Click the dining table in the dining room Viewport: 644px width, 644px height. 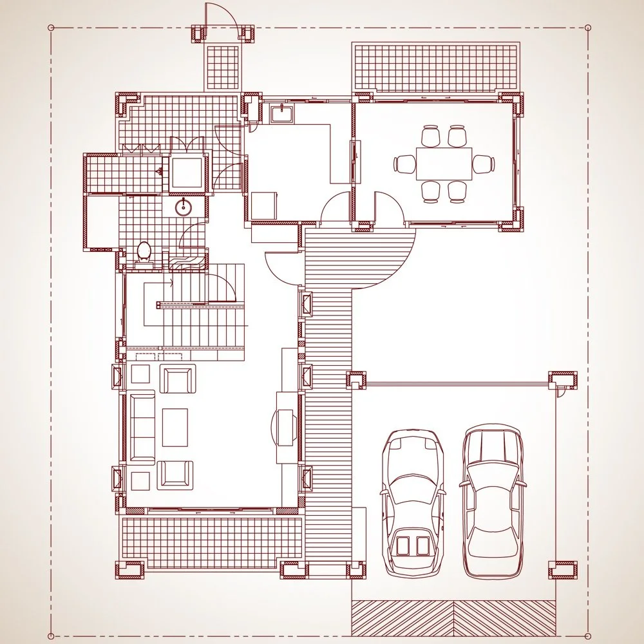[444, 164]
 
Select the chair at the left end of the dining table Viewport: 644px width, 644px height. [405, 164]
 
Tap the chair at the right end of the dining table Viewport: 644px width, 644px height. [484, 164]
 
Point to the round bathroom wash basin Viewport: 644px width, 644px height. [184, 207]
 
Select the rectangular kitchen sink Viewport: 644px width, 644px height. [282, 114]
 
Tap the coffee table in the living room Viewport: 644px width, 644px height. [175, 427]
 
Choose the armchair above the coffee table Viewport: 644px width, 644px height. [177, 379]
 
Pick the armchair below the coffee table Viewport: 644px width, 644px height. [175, 475]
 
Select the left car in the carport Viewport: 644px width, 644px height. [413, 502]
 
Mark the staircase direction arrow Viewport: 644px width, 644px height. [170, 282]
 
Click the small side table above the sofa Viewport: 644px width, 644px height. [140, 374]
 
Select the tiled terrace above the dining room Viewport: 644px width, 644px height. [436, 67]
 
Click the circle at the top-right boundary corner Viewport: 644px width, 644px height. [587, 28]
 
